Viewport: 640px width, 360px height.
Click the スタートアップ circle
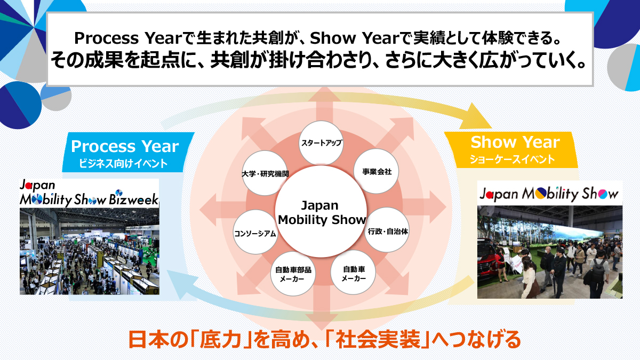pyautogui.click(x=321, y=142)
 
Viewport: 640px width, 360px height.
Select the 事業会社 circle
pyautogui.click(x=377, y=171)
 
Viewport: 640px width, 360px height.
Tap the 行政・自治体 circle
pyautogui.click(x=387, y=230)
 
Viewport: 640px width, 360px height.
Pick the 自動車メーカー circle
pyautogui.click(x=354, y=273)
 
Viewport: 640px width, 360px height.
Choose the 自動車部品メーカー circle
pyautogui.click(x=293, y=274)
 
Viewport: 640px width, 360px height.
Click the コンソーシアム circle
pyautogui.click(x=255, y=232)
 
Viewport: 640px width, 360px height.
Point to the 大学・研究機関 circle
pyautogui.click(x=265, y=173)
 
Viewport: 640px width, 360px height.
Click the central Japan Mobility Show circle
pyautogui.click(x=321, y=212)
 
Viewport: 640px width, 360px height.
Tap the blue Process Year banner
pyautogui.click(x=128, y=152)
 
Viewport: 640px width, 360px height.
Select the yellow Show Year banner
pyautogui.click(x=511, y=150)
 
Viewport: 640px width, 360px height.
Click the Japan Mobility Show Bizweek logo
pyautogui.click(x=89, y=194)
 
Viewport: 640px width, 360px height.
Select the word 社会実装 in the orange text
pyautogui.click(x=378, y=339)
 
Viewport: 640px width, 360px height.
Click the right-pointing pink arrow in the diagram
pyautogui.click(x=425, y=207)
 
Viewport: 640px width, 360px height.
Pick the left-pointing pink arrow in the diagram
pyautogui.click(x=222, y=210)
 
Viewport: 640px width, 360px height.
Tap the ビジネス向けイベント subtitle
pyautogui.click(x=123, y=164)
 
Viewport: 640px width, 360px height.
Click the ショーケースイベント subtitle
pyautogui.click(x=513, y=159)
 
